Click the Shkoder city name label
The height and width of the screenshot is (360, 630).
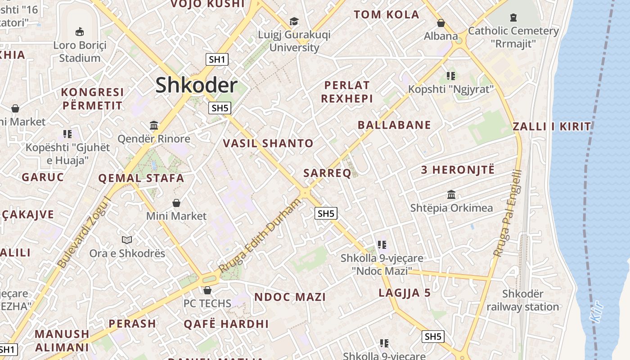tap(196, 85)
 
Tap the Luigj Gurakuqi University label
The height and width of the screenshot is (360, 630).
tap(294, 41)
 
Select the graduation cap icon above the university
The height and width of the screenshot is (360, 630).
tap(294, 21)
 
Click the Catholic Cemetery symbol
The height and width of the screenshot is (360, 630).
tap(513, 18)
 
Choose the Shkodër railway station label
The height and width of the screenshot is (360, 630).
tap(522, 301)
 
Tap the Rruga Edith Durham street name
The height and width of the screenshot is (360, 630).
tap(260, 235)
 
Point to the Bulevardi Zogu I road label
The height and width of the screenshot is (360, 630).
tap(85, 232)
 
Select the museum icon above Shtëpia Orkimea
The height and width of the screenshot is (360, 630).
tap(451, 195)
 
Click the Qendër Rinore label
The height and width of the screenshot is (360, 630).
tap(154, 139)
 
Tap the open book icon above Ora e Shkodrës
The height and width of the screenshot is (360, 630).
tap(127, 240)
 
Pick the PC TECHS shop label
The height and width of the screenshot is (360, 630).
tap(207, 303)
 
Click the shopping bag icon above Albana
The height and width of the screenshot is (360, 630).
tap(441, 23)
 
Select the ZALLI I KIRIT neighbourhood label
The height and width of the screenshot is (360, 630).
tap(552, 126)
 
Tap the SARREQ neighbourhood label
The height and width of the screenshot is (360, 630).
tap(327, 173)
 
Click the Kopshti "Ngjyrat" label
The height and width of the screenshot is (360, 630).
tap(451, 89)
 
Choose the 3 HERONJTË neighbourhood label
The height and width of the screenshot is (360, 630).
tap(458, 170)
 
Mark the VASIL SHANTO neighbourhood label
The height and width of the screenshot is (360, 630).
tap(268, 144)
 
